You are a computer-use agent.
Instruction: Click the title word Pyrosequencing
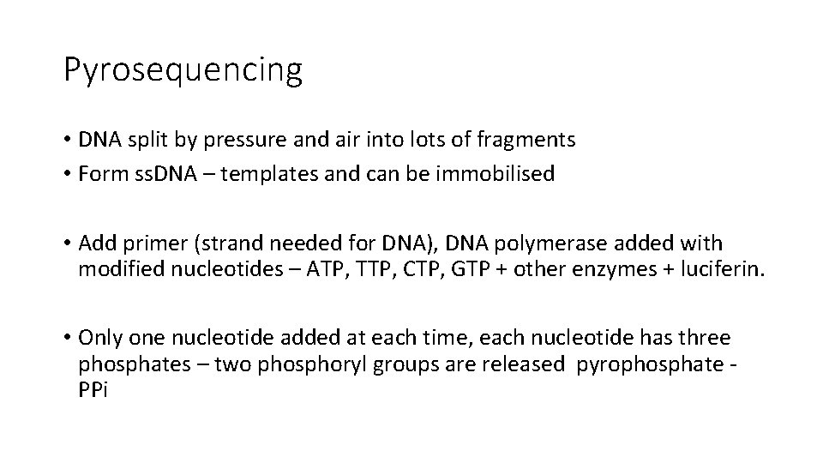pyautogui.click(x=183, y=70)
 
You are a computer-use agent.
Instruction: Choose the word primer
pyautogui.click(x=152, y=245)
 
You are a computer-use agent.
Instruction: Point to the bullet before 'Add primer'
pyautogui.click(x=67, y=245)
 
